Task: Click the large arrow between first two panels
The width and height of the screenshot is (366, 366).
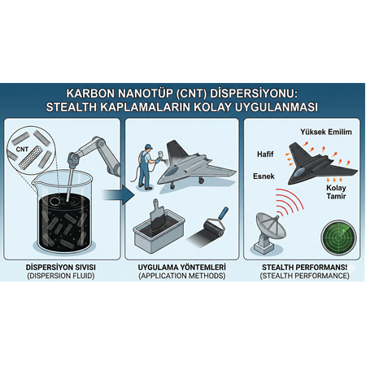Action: pyautogui.click(x=121, y=195)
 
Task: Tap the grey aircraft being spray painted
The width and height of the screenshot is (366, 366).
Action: pyautogui.click(x=198, y=170)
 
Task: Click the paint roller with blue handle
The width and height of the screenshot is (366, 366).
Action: pyautogui.click(x=207, y=228)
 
